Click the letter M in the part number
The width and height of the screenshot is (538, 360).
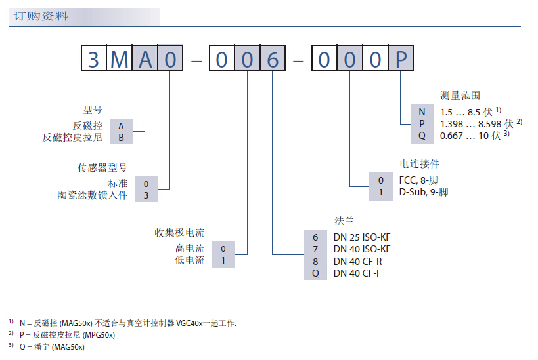[120, 60]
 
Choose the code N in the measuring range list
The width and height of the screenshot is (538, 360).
[422, 111]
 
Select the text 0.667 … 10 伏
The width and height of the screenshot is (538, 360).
[470, 136]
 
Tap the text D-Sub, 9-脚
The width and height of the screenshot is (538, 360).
[424, 192]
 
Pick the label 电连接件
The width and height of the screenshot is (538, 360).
[419, 163]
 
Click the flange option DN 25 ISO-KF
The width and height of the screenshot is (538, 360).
[362, 237]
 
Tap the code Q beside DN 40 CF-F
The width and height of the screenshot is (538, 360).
[315, 273]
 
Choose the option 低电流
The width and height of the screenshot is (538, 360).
[190, 260]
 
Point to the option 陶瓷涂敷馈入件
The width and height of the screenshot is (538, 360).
[93, 195]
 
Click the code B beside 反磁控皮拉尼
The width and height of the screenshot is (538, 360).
[121, 138]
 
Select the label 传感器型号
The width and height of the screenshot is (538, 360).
[102, 168]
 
